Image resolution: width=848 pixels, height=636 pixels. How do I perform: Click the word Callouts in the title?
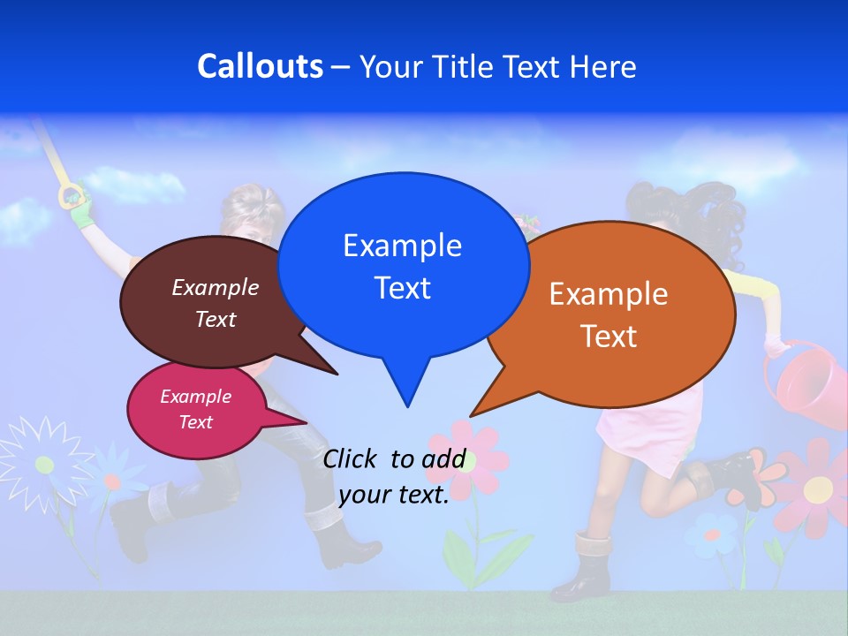(x=260, y=67)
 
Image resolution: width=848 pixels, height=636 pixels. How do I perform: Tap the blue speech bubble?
(x=402, y=265)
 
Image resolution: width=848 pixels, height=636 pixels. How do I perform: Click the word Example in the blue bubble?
(x=402, y=246)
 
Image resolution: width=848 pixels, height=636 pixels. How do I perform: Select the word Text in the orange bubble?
(x=609, y=337)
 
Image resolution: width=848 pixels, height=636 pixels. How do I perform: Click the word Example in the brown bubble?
(x=215, y=288)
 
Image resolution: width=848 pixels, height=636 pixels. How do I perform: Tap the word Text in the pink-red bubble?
(x=195, y=422)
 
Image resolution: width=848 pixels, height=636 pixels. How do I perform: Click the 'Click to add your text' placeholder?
(x=394, y=477)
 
